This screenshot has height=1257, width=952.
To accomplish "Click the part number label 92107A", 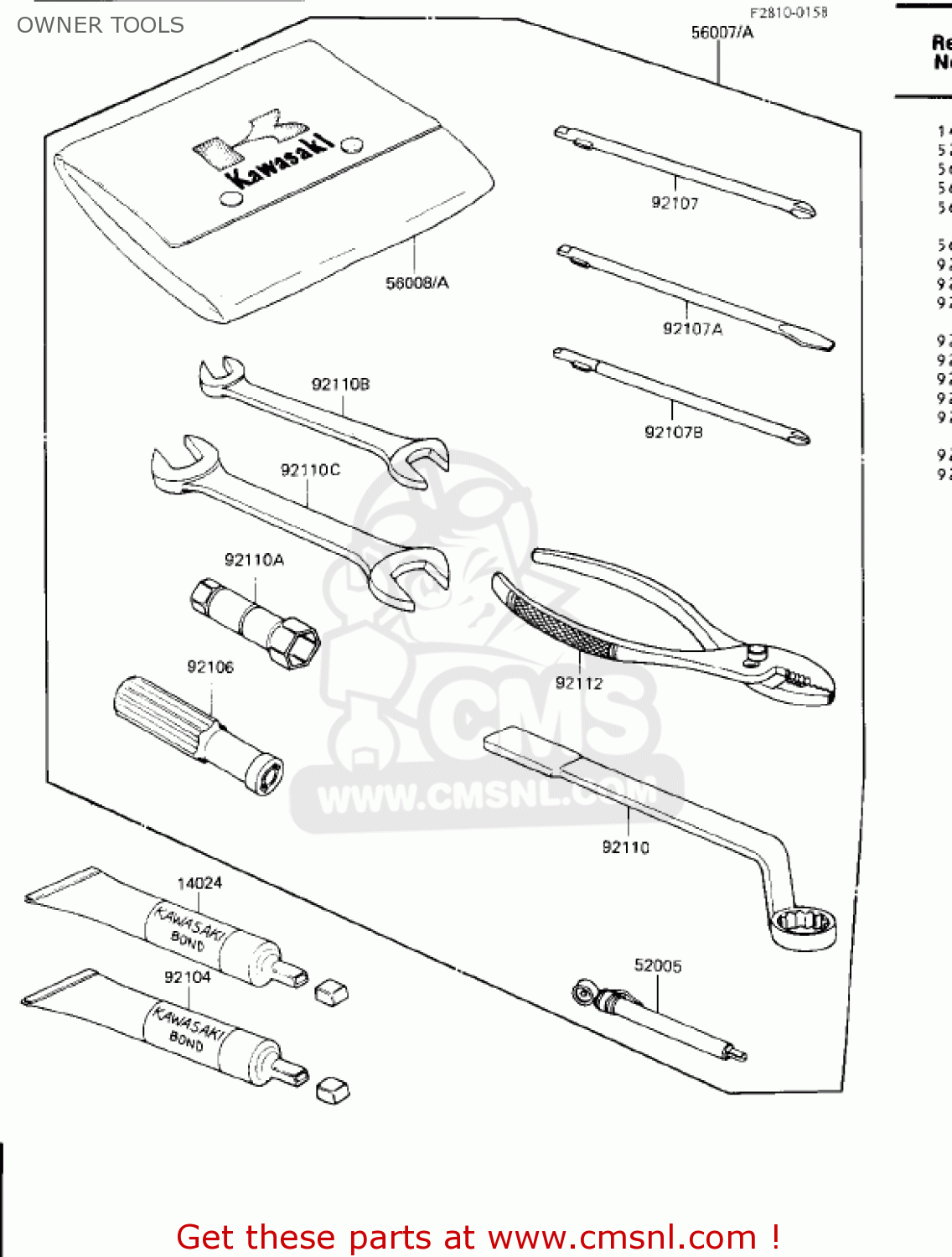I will pos(692,328).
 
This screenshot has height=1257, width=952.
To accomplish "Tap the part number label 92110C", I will pos(310,470).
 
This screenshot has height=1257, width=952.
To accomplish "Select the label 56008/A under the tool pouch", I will pos(416,283).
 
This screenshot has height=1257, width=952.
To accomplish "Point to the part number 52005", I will pos(658,965).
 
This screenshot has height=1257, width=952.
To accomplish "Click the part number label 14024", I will pos(199,883).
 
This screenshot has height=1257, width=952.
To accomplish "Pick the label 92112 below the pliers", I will pos(579,683).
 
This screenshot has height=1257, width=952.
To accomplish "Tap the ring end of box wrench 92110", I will pos(804,927).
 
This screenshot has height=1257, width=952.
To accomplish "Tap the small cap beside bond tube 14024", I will pos(331,992).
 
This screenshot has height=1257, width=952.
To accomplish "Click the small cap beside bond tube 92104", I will pos(333,1089).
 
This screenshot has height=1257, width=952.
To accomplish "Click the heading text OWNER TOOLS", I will pos(101,25).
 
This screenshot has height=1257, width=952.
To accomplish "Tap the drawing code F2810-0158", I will pos(788,13).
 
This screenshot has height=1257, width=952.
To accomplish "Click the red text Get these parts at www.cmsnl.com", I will pos(478,1237).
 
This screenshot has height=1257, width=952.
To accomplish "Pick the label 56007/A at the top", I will pos(722,33).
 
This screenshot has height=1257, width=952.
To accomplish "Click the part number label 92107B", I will pos(673,432).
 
